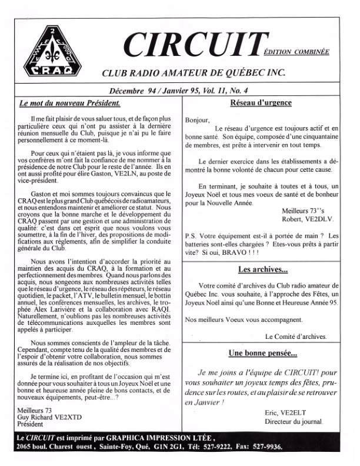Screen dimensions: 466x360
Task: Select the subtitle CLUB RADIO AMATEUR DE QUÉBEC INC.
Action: (194, 73)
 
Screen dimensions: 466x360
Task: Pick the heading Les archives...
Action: (263, 270)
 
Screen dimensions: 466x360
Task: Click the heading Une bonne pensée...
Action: (263, 354)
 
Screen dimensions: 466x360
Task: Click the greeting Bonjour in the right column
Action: (197, 120)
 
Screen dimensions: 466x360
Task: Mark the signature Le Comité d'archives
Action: (296, 336)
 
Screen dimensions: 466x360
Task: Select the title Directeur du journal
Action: (294, 422)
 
